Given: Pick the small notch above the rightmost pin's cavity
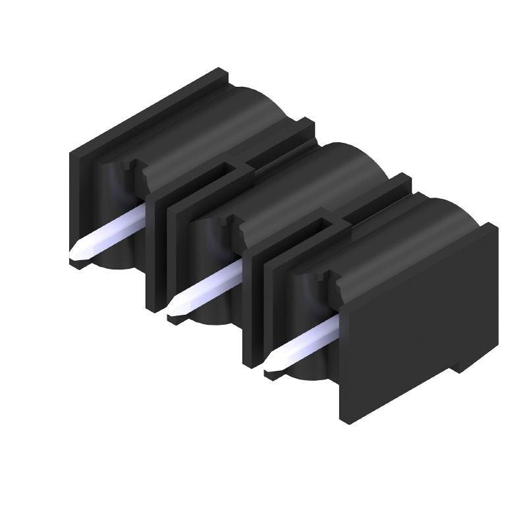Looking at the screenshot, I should (x=333, y=283).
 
